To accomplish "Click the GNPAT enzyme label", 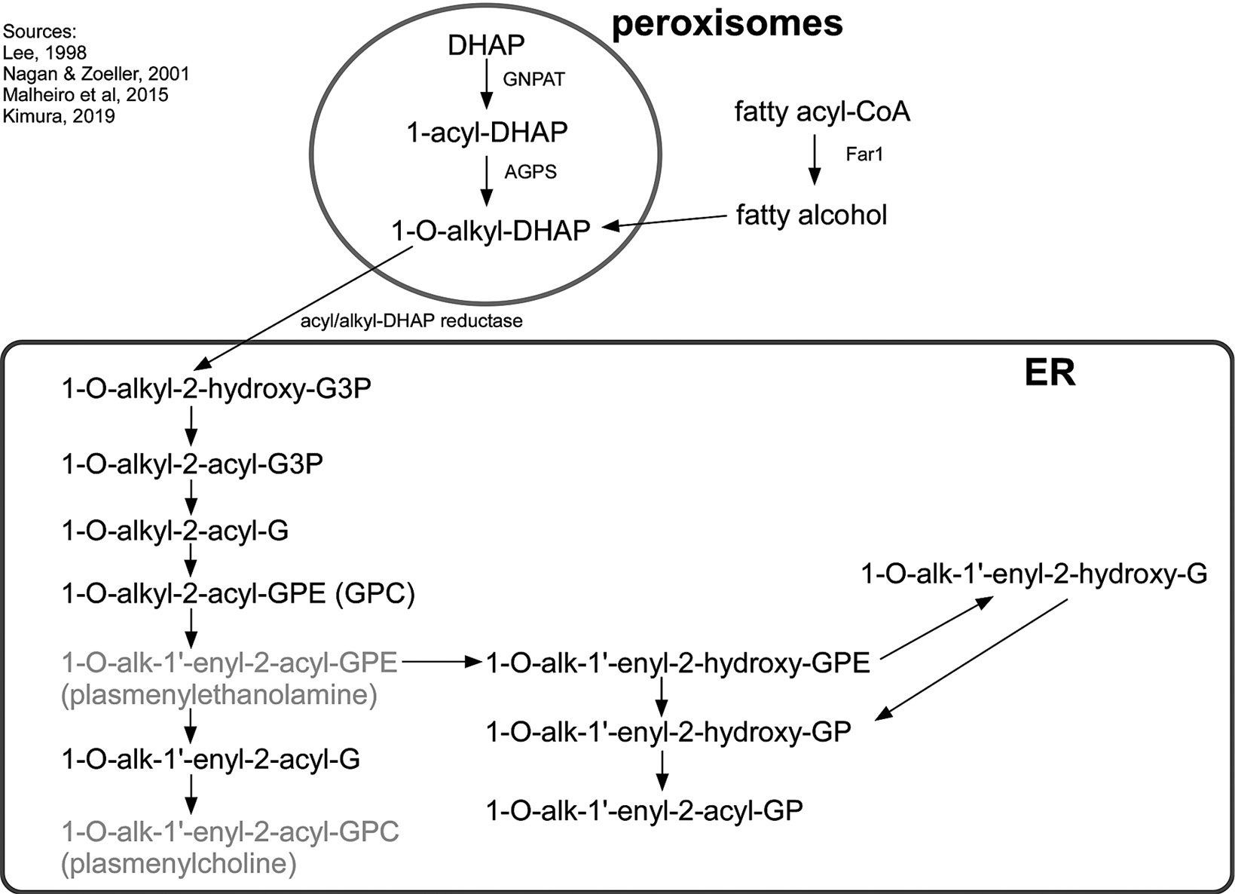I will coord(533,79).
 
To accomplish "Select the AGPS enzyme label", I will coord(530,172).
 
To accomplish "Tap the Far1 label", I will coord(864,155).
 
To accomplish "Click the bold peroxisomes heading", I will coord(727,23).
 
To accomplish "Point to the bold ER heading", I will coord(1050,372).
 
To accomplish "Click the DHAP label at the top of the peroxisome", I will coord(486,45).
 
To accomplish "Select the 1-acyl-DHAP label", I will coord(487,133).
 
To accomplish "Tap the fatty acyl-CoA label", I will coord(822,112).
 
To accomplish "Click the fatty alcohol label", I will coord(812,216).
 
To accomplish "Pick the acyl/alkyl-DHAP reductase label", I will coord(411,321).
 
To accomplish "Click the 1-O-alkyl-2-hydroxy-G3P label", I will coord(216,389).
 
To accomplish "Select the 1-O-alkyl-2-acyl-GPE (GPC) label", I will coord(238,594).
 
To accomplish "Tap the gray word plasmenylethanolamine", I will coord(219,694).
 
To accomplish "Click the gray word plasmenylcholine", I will coord(179,863).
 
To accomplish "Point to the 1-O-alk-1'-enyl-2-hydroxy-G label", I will coord(1034,574).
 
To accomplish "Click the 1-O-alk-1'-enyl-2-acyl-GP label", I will coord(644,810).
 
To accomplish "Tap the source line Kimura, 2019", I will coord(59,116).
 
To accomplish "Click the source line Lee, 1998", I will coord(44,53).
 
